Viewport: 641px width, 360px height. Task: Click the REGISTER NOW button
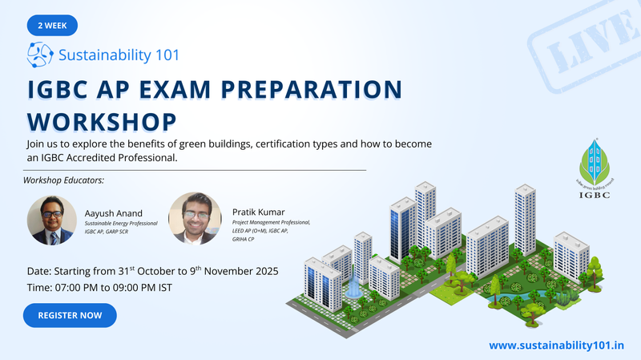(x=70, y=315)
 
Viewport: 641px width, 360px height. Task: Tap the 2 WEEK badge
(x=52, y=26)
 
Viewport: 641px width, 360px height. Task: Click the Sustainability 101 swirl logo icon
(x=39, y=55)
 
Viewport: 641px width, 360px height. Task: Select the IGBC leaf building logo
(x=595, y=168)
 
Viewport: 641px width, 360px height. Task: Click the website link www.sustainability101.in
(x=556, y=346)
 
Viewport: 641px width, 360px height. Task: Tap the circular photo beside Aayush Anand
(x=52, y=220)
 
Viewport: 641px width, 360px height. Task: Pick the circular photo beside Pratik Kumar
(x=195, y=219)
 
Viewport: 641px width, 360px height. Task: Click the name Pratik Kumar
(x=258, y=212)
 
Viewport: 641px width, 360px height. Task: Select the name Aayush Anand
(x=114, y=213)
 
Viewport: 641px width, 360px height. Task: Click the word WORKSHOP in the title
(x=102, y=122)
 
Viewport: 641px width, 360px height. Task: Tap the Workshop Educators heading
(x=63, y=180)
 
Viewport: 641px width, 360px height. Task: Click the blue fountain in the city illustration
(x=353, y=285)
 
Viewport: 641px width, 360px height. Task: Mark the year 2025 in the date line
(x=267, y=271)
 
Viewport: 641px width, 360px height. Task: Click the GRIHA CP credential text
(x=244, y=239)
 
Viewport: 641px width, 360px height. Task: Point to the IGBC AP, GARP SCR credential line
(x=107, y=232)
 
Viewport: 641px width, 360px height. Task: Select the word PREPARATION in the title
(x=312, y=90)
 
